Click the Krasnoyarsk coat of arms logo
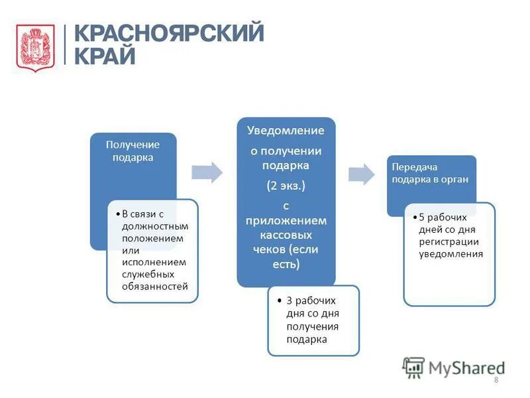click(x=35, y=47)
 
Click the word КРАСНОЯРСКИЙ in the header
click(x=168, y=33)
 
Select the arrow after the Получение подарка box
click(x=207, y=172)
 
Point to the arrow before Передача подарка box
click(x=361, y=174)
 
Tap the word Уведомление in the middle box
click(x=286, y=131)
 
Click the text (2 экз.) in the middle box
click(x=286, y=185)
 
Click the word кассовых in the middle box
click(x=287, y=234)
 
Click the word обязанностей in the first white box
click(x=155, y=286)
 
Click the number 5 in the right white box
click(x=423, y=217)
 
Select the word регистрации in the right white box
click(x=449, y=241)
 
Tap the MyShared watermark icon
click(x=414, y=367)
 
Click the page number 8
click(x=496, y=379)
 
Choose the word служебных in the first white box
click(x=148, y=274)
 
